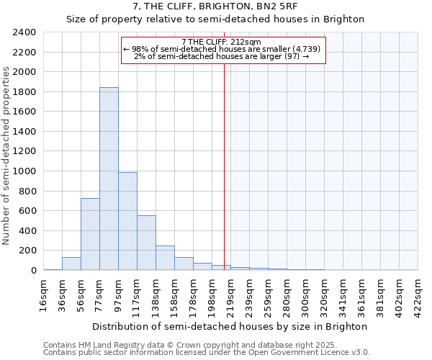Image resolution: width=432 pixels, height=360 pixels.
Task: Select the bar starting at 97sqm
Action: (x=127, y=221)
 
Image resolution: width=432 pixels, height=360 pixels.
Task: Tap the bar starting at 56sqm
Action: (x=90, y=234)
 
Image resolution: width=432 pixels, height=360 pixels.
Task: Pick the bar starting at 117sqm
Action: (x=146, y=243)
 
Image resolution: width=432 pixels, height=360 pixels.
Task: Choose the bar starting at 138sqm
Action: (x=165, y=258)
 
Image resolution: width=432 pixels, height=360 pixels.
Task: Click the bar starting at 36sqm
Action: (x=71, y=264)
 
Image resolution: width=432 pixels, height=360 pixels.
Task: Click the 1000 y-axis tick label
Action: (x=24, y=171)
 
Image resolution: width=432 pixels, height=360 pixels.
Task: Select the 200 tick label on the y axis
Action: (x=27, y=251)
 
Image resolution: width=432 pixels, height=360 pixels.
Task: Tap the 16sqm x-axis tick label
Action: (x=44, y=294)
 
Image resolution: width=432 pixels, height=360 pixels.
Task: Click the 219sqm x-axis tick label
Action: (x=230, y=294)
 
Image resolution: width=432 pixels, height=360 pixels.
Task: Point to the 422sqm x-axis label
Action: (x=418, y=294)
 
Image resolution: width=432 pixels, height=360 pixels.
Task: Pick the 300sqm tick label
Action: (x=305, y=294)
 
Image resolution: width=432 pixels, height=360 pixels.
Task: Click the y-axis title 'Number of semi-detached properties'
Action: (x=7, y=156)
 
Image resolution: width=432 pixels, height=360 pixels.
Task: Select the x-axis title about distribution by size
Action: (x=230, y=326)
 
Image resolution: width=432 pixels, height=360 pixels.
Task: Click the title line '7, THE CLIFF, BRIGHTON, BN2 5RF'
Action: (x=215, y=6)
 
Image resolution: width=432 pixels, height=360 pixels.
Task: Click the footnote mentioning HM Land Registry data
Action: (x=165, y=345)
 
